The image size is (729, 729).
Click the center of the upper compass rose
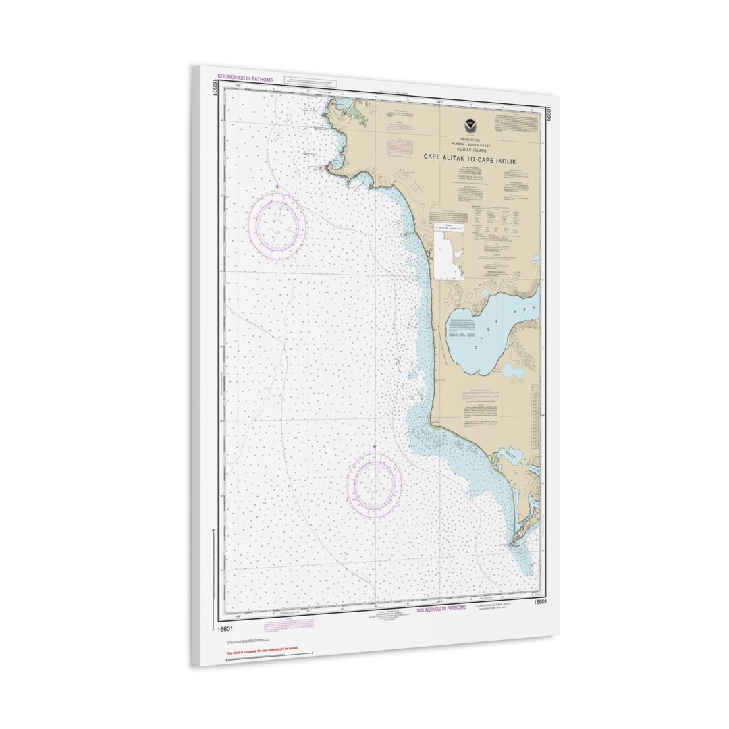click(277, 225)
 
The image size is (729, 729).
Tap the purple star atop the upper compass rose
click(277, 186)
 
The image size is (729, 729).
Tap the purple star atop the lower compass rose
click(375, 447)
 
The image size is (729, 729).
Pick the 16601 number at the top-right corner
click(549, 113)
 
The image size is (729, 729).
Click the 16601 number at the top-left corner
click(214, 88)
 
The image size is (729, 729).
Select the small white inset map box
click(451, 252)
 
